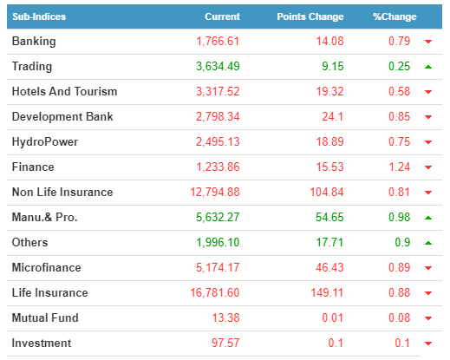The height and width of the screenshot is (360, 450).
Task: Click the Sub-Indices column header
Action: [39, 16]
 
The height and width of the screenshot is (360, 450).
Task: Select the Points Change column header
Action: [310, 16]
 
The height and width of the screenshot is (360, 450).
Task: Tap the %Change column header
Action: [395, 16]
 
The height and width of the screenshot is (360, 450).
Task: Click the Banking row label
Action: [34, 42]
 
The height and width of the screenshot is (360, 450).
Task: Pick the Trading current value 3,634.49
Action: [218, 67]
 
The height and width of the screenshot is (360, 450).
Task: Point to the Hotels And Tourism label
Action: [65, 91]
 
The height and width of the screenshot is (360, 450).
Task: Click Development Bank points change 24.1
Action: [333, 117]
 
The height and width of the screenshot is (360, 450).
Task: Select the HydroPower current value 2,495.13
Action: [218, 142]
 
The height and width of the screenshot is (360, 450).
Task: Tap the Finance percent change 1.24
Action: [400, 167]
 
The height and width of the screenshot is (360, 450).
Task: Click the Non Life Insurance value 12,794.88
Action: [215, 193]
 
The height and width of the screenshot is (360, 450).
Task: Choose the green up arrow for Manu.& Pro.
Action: [428, 218]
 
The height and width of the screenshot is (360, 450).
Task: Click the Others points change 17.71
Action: [329, 243]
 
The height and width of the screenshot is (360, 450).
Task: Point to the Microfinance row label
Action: [47, 267]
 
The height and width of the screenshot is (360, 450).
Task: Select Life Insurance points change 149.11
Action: [327, 292]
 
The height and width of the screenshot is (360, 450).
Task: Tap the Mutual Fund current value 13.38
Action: [226, 317]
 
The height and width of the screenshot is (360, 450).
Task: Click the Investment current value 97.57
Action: [225, 343]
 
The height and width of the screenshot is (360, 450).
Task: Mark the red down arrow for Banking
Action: [428, 42]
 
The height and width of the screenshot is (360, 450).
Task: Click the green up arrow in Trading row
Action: [428, 67]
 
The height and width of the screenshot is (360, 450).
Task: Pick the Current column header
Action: [223, 16]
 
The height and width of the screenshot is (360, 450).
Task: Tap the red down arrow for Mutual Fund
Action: [428, 318]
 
